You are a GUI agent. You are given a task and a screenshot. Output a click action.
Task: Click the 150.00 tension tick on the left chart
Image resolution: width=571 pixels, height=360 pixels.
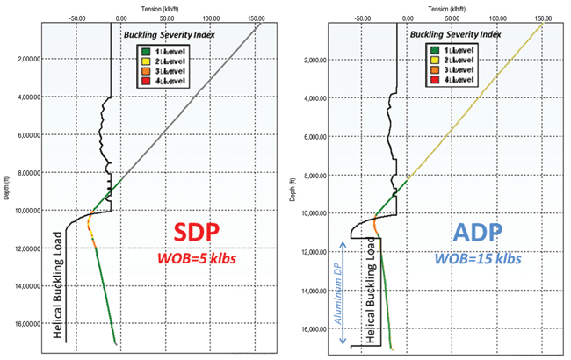pos(257,16)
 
